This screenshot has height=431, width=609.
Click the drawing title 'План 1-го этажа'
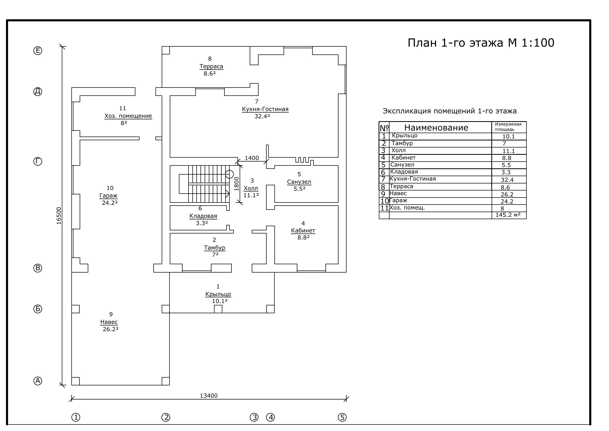455,43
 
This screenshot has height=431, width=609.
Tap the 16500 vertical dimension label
59,216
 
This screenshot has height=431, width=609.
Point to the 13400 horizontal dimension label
209,396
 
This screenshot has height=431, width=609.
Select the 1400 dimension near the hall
252,158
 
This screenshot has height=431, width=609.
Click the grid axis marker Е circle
38,51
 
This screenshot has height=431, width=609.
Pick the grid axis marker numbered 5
342,417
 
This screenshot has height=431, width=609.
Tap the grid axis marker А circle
38,381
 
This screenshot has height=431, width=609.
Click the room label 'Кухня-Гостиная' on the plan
265,109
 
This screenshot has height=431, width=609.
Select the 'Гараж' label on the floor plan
109,196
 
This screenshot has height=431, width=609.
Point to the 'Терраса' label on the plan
211,66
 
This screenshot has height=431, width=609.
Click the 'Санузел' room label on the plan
299,182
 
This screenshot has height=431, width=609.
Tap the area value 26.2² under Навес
111,329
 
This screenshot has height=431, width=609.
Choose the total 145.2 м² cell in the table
508,215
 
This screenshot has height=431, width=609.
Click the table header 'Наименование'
436,128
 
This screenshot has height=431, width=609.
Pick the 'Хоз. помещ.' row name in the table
407,207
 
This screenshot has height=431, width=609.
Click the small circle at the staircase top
229,174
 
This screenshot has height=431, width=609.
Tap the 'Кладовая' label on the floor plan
203,216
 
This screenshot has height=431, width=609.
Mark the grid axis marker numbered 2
166,417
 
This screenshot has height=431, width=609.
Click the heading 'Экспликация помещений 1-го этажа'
450,111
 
